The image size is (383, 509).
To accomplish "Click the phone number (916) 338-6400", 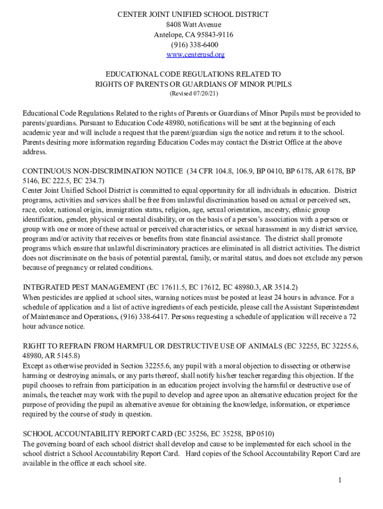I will tap(193, 45).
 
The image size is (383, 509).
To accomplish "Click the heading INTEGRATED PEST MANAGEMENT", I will tap(84, 287).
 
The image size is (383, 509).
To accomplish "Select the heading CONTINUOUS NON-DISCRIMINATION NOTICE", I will tap(102, 171).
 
